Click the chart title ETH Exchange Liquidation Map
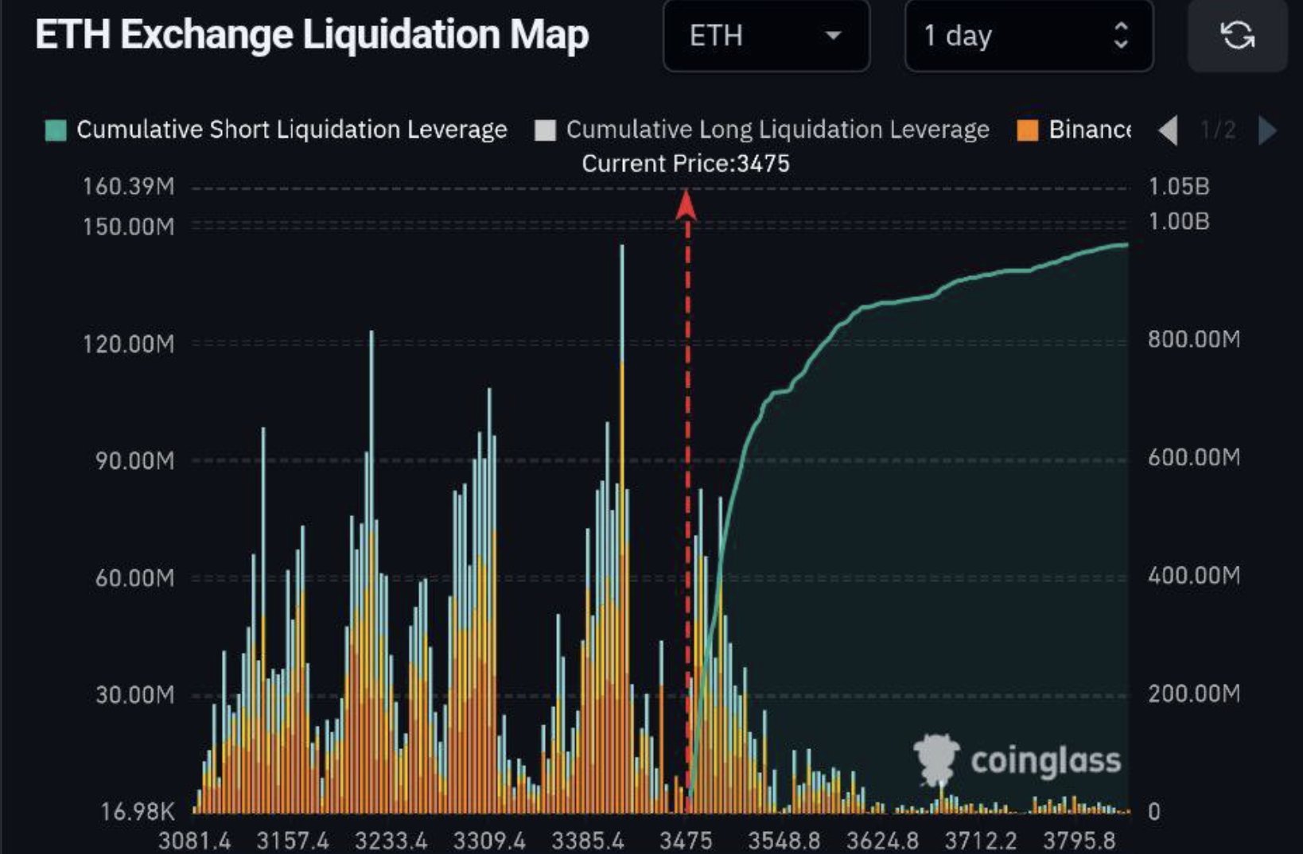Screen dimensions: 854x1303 pos(312,36)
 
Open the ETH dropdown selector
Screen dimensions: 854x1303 pos(765,36)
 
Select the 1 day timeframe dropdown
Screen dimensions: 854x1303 pos(1028,36)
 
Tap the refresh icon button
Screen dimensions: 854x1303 pos(1237,35)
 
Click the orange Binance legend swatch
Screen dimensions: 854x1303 pos(1028,130)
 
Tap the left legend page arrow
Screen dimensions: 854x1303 pos(1168,130)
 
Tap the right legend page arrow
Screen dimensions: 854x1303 pos(1267,130)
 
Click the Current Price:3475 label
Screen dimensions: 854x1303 pos(686,164)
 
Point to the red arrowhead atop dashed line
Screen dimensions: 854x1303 pos(687,205)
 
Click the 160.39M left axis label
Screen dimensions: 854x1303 pos(128,187)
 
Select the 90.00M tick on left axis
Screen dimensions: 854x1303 pos(134,461)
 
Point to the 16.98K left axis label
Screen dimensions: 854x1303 pos(137,812)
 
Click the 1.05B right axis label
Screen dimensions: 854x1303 pos(1179,187)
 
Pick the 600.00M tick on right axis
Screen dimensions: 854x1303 pos(1193,457)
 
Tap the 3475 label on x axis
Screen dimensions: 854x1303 pos(686,840)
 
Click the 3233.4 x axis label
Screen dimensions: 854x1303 pos(391,840)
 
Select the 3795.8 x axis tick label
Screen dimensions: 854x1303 pos(1079,840)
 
